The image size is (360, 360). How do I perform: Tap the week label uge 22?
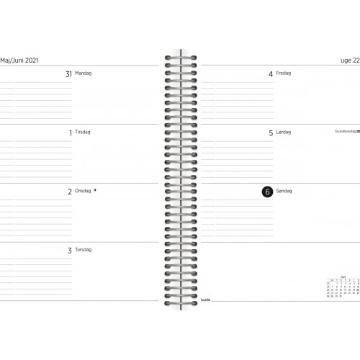346,60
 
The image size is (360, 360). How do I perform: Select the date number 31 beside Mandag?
69,74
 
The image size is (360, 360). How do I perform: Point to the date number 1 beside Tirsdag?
70,133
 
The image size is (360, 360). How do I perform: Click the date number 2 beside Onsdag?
70,192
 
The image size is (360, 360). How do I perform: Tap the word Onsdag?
84,192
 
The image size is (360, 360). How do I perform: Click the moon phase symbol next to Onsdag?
96,191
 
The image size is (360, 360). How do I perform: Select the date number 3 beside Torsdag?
70,251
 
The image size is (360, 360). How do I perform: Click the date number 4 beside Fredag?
271,74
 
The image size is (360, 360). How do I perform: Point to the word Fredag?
285,73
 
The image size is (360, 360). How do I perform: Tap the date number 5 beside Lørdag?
271,133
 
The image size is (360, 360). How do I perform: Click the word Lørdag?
285,132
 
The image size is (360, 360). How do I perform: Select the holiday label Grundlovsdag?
345,132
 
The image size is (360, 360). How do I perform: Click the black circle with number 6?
268,192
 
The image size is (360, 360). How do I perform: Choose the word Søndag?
285,192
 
